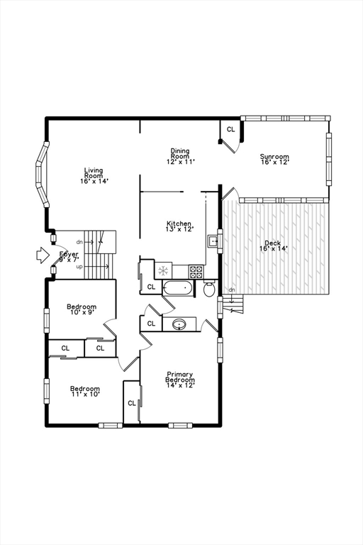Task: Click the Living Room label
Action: pyautogui.click(x=94, y=175)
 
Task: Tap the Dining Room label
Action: pyautogui.click(x=180, y=156)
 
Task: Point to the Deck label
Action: pyautogui.click(x=273, y=246)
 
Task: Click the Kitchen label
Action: pyautogui.click(x=179, y=226)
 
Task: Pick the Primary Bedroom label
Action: pyautogui.click(x=180, y=380)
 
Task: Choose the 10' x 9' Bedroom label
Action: pyautogui.click(x=82, y=309)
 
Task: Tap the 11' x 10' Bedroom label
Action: pyautogui.click(x=84, y=391)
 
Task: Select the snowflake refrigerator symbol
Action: pyautogui.click(x=163, y=270)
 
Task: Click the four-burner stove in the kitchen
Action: pyautogui.click(x=196, y=270)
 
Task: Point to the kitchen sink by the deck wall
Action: pyautogui.click(x=213, y=241)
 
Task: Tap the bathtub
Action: pyautogui.click(x=177, y=288)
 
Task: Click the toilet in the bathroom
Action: pyautogui.click(x=209, y=289)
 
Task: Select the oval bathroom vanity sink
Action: pyautogui.click(x=179, y=324)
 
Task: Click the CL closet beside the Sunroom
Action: pyautogui.click(x=231, y=130)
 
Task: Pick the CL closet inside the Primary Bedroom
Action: pyautogui.click(x=132, y=402)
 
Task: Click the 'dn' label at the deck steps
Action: pyautogui.click(x=231, y=290)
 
